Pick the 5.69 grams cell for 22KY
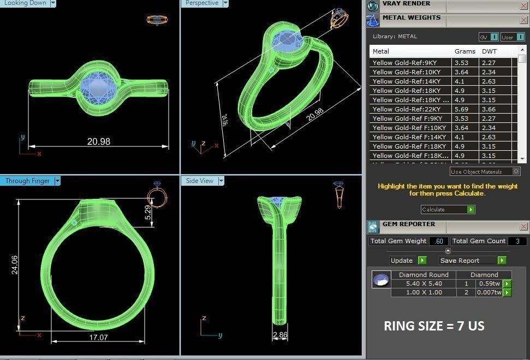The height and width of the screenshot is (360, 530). [x=462, y=109]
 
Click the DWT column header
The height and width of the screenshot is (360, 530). [x=489, y=51]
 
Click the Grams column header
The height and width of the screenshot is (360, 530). [x=465, y=51]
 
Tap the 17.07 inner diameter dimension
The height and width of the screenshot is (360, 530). [x=98, y=338]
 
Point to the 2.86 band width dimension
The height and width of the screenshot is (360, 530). [x=280, y=335]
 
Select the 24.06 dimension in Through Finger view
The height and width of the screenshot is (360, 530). [x=14, y=264]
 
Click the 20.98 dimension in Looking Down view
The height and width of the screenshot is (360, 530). [x=98, y=141]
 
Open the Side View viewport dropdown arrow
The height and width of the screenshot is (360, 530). [x=221, y=181]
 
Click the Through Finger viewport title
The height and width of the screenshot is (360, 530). [x=27, y=181]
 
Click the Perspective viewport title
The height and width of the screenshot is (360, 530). [x=202, y=3]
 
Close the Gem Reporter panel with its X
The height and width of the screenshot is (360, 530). [x=524, y=226]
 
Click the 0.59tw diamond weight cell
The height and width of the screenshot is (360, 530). [x=489, y=284]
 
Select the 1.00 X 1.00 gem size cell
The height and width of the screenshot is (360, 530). [x=424, y=292]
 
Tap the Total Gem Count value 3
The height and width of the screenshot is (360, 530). [x=517, y=241]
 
